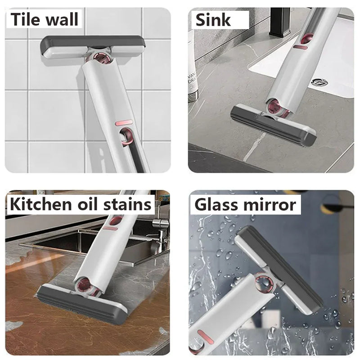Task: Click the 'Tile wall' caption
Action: point(45,20)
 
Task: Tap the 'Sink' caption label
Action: point(213,20)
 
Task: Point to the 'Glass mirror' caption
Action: point(245,204)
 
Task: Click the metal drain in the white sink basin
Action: point(319,82)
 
